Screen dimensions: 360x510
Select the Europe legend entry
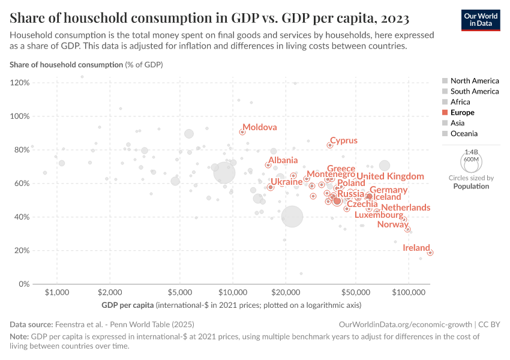pos(462,112)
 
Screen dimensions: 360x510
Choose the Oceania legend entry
pos(464,134)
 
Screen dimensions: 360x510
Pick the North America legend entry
pos(474,80)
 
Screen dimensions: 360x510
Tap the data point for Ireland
pos(430,253)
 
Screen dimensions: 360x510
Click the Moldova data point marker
pos(242,132)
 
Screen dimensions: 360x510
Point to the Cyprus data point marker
pos(329,145)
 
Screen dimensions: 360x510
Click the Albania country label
pos(283,160)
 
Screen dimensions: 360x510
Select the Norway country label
pos(392,224)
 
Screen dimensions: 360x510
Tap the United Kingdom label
pos(390,176)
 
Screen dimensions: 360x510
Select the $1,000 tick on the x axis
pos(56,292)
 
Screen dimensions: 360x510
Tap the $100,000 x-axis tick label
pos(409,292)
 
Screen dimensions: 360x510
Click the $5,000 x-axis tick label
pos(179,292)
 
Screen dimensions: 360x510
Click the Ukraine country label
pos(286,182)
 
